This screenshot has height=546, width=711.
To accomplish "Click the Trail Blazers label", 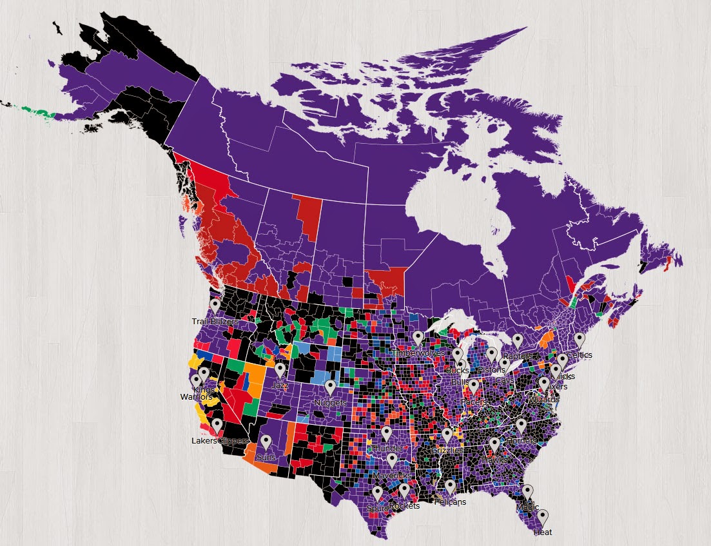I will pyautogui.click(x=215, y=321).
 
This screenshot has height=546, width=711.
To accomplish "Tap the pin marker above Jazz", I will pyautogui.click(x=280, y=369).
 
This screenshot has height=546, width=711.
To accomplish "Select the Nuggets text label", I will pyautogui.click(x=330, y=403).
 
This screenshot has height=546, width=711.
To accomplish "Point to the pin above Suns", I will pyautogui.click(x=266, y=442).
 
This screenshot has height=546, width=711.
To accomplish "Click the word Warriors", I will pyautogui.click(x=195, y=397).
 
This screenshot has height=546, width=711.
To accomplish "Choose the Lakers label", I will pyautogui.click(x=204, y=442).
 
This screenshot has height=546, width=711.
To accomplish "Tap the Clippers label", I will pyautogui.click(x=232, y=442).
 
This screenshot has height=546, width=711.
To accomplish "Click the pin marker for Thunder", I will pyautogui.click(x=386, y=433).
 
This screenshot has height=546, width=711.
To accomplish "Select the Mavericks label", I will pyautogui.click(x=392, y=476).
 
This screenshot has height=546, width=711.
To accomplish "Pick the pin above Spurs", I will pyautogui.click(x=377, y=494).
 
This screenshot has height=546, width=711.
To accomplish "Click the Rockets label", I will pyautogui.click(x=405, y=506).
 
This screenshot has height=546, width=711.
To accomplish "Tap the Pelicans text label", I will pyautogui.click(x=450, y=502).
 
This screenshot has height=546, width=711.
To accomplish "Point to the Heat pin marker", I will pyautogui.click(x=543, y=517).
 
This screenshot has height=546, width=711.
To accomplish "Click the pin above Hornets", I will pyautogui.click(x=521, y=425).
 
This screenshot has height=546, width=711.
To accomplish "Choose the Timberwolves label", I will pyautogui.click(x=418, y=354).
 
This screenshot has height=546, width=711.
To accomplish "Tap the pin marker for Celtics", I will pyautogui.click(x=580, y=339).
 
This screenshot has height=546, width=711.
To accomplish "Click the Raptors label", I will pyautogui.click(x=517, y=356).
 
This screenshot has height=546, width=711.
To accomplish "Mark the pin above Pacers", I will pyautogui.click(x=474, y=386).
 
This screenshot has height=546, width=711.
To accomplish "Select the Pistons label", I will pyautogui.click(x=492, y=370).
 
